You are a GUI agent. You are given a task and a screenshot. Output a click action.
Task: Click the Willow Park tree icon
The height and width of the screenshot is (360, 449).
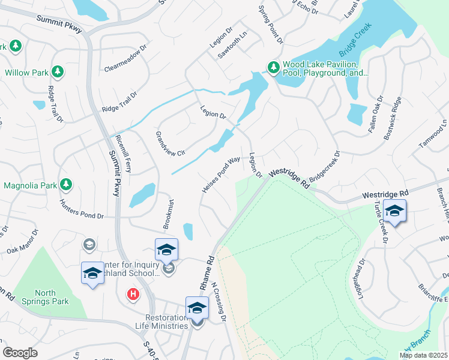pos(58,72)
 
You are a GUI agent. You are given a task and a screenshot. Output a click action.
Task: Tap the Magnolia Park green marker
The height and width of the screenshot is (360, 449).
pos(67,185)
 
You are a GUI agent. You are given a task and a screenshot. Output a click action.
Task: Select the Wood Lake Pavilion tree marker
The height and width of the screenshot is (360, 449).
pos(273,67)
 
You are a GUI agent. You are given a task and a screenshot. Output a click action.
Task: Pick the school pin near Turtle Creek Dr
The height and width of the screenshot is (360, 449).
pos(394,211)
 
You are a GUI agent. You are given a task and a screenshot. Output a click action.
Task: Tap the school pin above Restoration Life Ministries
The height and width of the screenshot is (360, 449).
pos(196,308)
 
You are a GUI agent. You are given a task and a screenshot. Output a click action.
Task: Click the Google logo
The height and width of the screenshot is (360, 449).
pos(20,353)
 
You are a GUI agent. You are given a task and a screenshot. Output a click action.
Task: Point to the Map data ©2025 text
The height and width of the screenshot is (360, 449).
pos(423,355)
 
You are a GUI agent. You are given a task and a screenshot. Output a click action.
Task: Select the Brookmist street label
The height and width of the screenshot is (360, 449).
pos(169,214)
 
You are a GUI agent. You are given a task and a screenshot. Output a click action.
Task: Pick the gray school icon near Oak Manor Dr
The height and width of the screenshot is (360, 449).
pos(89,244)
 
